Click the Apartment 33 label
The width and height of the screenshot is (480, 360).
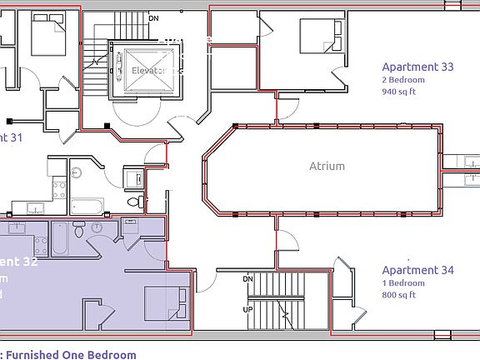417,67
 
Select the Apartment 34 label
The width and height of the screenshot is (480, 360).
417,270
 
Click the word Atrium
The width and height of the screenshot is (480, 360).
327,166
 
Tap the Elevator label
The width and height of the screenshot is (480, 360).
151,71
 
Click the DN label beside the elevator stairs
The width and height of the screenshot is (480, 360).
153,17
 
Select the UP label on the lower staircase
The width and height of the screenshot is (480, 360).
247,309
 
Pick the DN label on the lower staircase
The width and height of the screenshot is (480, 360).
247,278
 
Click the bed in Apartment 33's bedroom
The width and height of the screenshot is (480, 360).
320,37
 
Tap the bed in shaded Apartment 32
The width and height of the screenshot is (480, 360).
163,305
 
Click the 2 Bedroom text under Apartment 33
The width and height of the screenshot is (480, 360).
403,80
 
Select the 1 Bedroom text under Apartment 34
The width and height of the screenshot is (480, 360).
403,283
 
